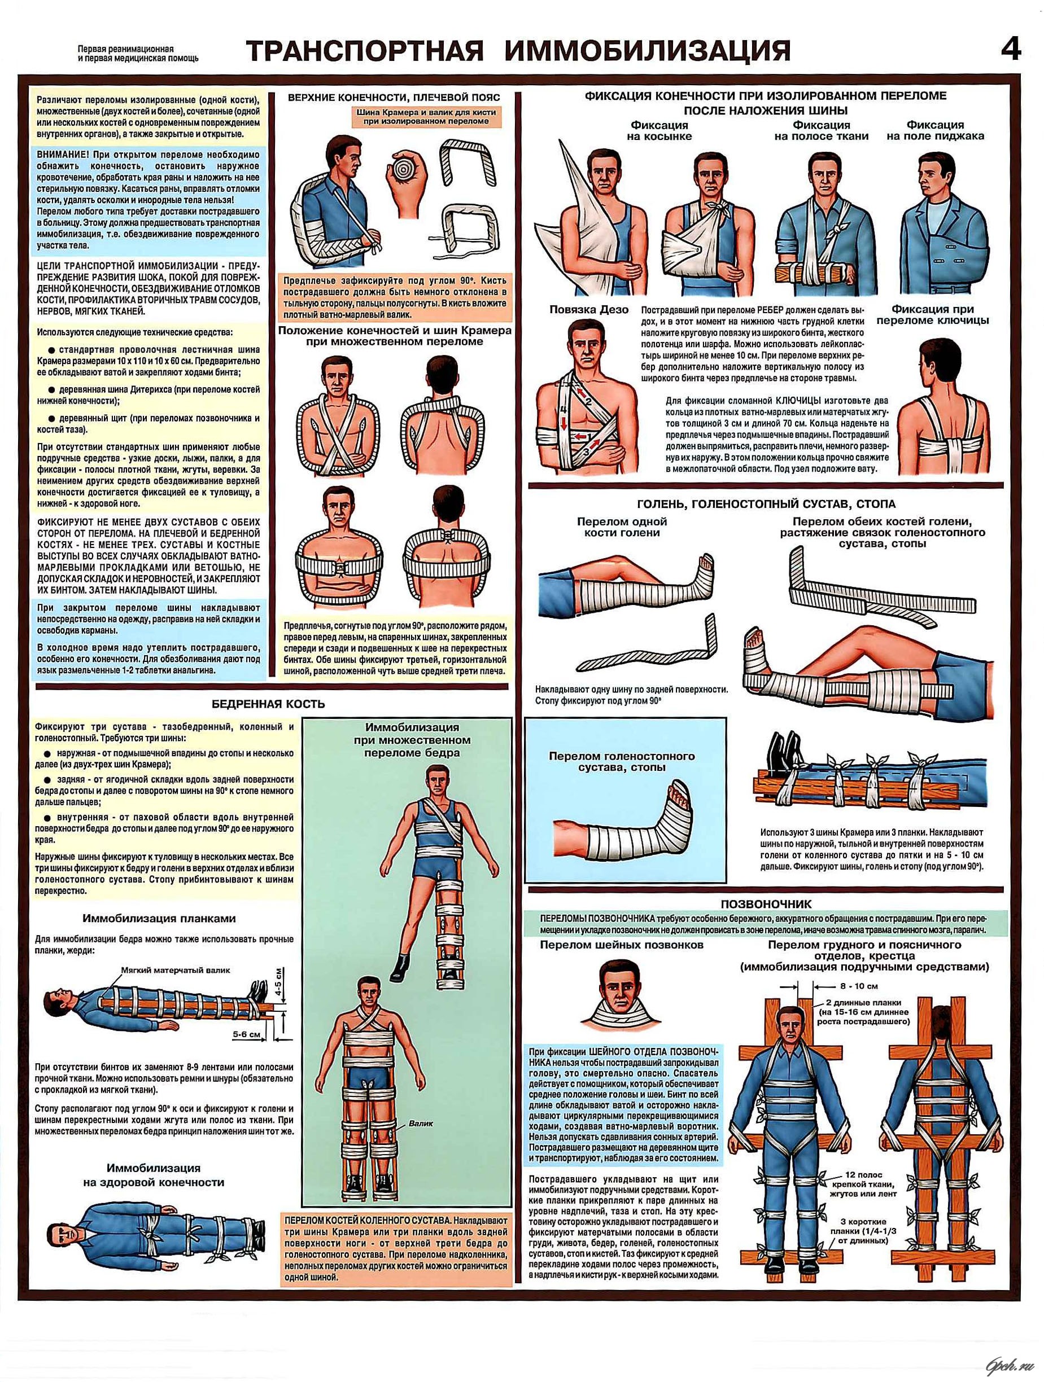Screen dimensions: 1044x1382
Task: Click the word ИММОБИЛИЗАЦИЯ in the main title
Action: [647, 51]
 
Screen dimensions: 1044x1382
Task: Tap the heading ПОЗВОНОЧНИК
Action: [766, 903]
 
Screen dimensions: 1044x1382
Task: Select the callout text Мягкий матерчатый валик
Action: [176, 970]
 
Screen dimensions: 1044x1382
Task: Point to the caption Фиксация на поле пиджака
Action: [935, 130]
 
